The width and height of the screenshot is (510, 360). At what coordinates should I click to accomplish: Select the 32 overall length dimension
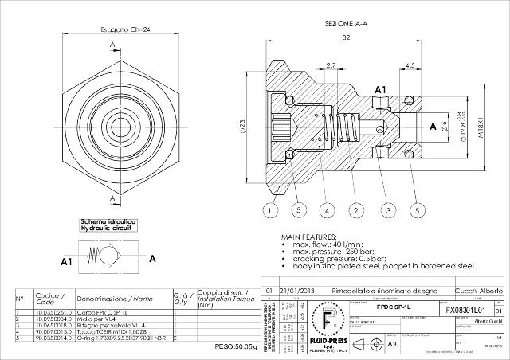click(346, 37)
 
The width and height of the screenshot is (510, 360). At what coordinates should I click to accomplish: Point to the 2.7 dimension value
click(331, 65)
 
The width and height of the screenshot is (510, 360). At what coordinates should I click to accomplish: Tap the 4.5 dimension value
click(410, 65)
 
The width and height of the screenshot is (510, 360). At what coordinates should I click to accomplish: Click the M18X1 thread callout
click(481, 125)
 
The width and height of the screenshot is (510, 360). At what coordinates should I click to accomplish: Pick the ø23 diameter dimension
click(242, 125)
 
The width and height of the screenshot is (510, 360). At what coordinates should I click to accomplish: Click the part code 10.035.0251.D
click(53, 313)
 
